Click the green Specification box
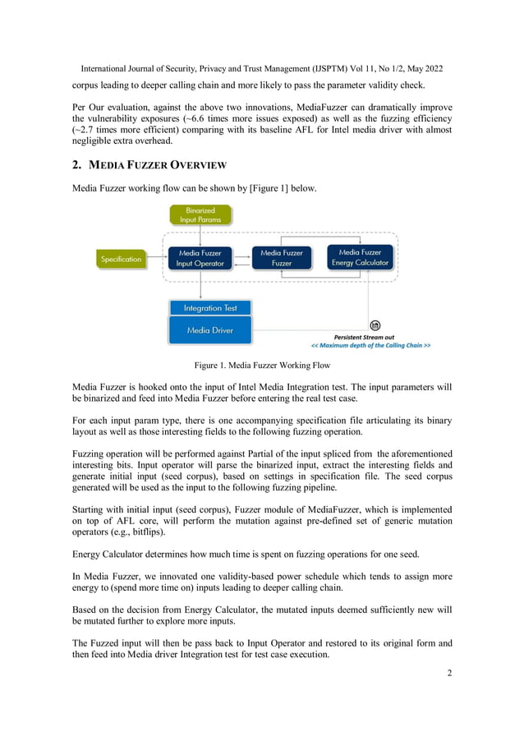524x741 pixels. tap(122, 259)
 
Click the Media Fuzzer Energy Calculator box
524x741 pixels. tap(359, 257)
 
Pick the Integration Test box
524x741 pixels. tap(209, 307)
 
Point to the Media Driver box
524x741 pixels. tap(209, 330)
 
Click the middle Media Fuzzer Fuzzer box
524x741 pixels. tap(282, 258)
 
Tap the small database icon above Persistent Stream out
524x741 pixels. tap(375, 326)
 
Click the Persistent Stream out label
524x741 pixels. tap(364, 337)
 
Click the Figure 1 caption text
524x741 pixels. tap(261, 365)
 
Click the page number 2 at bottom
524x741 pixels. tap(449, 674)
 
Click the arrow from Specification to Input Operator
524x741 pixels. tap(154, 259)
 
